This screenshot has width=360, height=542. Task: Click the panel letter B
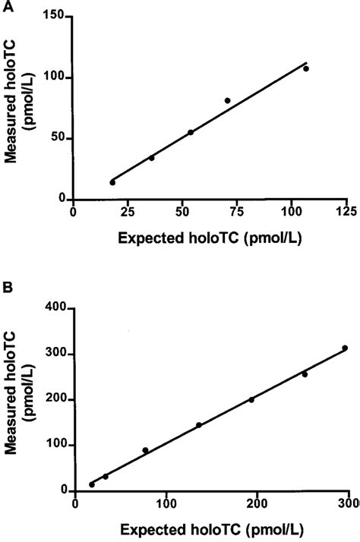pos(9,288)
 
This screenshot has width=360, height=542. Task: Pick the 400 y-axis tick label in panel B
pos(55,309)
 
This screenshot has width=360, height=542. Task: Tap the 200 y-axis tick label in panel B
pos(55,400)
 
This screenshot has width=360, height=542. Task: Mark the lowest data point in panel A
pos(112,182)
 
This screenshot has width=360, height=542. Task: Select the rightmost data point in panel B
pos(344,348)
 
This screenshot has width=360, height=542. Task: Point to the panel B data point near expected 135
pos(199,425)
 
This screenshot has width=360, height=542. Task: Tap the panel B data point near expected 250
pos(305,373)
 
